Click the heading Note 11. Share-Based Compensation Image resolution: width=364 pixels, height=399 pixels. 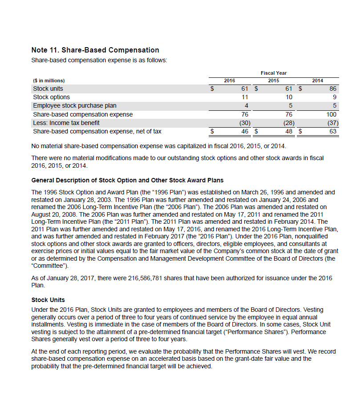[x=95, y=50]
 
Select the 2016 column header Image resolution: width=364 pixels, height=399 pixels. [x=229, y=81]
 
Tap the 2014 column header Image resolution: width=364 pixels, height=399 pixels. [x=317, y=81]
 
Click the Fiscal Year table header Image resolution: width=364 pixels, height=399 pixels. [x=273, y=73]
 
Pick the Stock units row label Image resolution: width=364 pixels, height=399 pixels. [x=48, y=89]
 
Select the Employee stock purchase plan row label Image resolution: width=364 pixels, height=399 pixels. [x=75, y=105]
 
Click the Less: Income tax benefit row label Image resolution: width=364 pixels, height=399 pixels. [x=66, y=122]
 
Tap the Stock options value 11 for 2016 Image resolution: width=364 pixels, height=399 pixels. [x=244, y=97]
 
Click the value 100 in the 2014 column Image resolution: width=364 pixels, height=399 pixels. [x=332, y=114]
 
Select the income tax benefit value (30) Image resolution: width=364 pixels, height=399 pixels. [x=244, y=122]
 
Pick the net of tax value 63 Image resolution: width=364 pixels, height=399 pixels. [x=333, y=131]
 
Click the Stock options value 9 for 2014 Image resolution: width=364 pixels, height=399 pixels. [x=335, y=97]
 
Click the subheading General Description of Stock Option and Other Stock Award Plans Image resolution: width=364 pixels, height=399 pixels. [x=128, y=180]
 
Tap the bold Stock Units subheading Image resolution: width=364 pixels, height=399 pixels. [x=49, y=300]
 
